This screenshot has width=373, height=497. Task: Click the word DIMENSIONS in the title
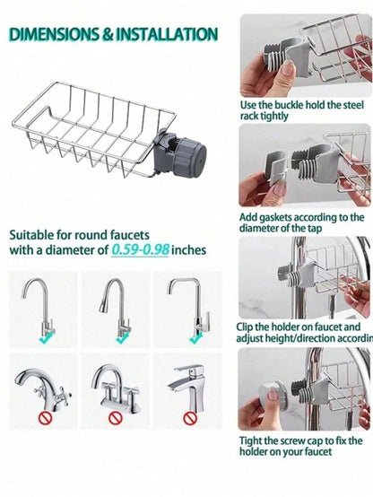pos(54,34)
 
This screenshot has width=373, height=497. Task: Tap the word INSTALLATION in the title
pos(167,34)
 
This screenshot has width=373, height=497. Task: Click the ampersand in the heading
pos(108,35)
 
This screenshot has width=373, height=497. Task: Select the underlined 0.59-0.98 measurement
pos(140,249)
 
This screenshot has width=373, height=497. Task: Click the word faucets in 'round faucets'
pos(130,235)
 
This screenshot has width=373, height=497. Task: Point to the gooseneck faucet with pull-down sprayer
pos(116,308)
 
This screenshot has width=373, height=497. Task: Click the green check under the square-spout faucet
pos(195,339)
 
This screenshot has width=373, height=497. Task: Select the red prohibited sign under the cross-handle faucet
pos(45,419)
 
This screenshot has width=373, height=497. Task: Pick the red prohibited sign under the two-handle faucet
pos(116,418)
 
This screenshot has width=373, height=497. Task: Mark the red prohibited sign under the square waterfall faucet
pos(190,418)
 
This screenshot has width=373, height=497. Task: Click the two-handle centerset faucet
pos(116,388)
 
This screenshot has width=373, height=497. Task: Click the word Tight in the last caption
pos(251,440)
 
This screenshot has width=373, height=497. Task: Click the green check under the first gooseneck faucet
pos(46,339)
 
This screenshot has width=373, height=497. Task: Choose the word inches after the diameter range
pos(189,249)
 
